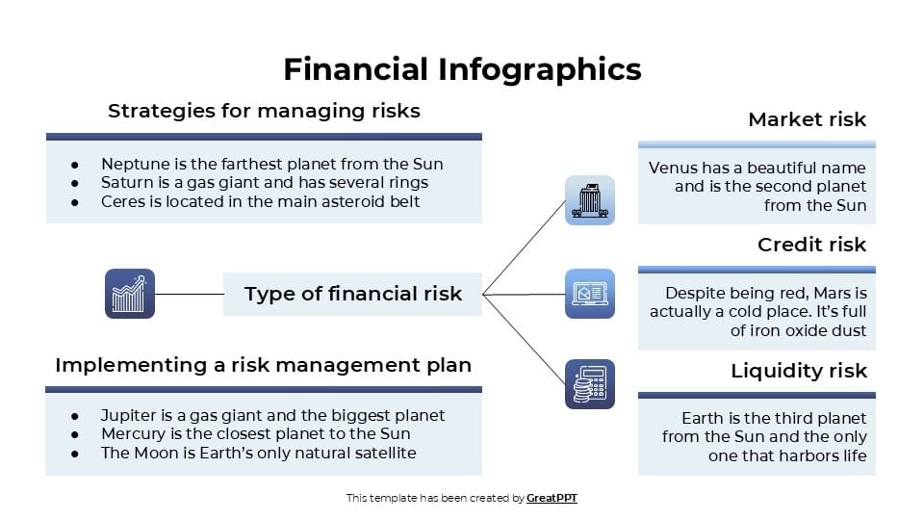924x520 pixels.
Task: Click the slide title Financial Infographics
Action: coord(462,69)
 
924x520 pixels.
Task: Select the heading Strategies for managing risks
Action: coord(264,111)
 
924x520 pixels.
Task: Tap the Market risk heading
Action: coord(807,119)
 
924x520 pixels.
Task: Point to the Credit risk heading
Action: coord(811,245)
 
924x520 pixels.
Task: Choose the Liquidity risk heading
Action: coord(798,371)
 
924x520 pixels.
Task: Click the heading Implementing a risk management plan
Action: coord(263,365)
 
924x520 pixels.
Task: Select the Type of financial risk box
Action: coord(352,294)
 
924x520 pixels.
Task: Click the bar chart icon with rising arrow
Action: coord(129,294)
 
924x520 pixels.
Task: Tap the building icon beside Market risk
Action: coord(589,200)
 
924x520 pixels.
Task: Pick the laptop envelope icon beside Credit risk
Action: coord(589,294)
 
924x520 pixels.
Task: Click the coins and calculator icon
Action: coord(589,384)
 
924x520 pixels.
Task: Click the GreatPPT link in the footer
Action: coord(552,498)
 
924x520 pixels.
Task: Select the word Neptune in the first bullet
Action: coord(131,164)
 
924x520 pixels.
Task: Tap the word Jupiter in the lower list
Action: coord(128,416)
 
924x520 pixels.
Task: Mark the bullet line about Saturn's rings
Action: coord(264,182)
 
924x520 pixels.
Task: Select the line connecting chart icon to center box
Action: coord(189,294)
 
